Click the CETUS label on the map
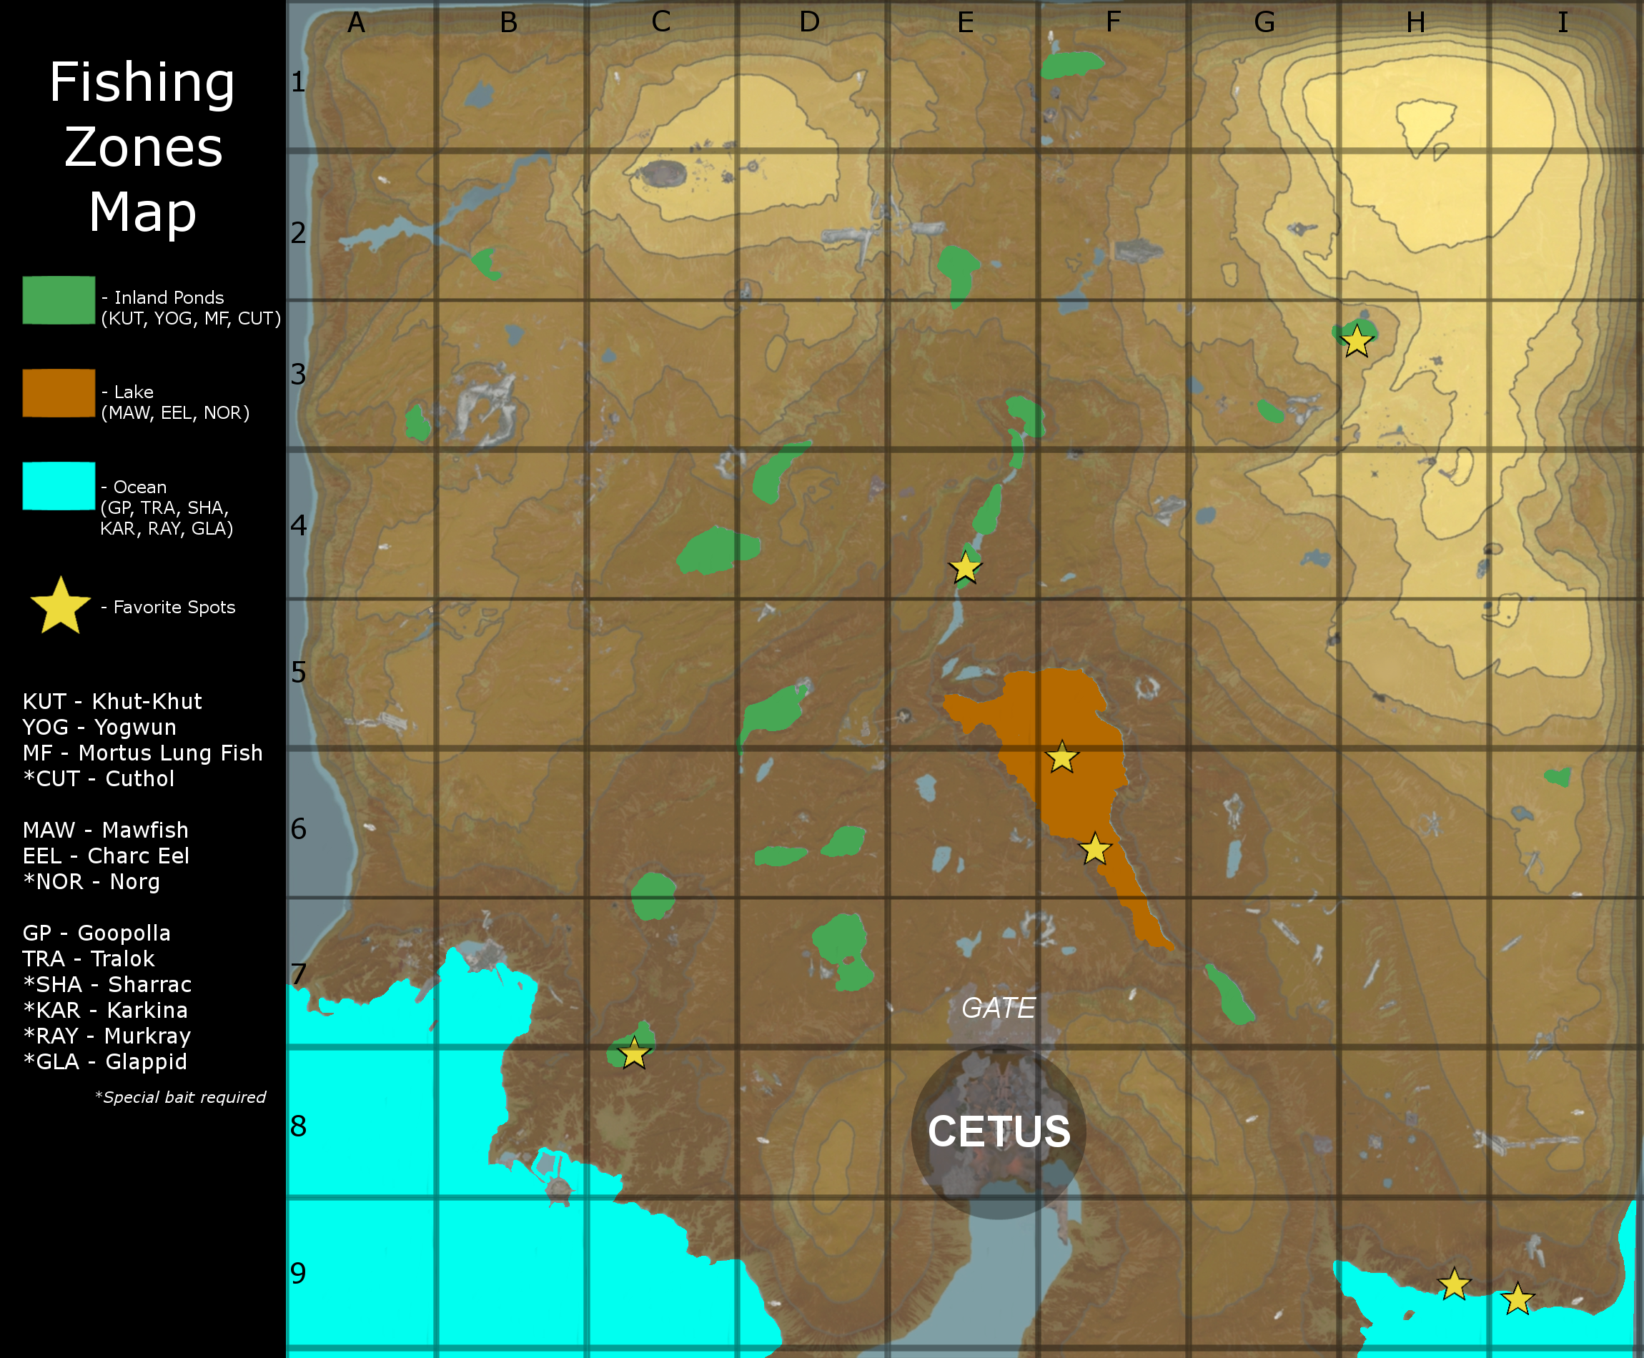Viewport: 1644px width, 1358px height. tap(999, 1131)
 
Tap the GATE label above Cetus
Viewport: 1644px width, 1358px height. tap(998, 1008)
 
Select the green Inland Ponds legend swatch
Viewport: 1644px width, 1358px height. tap(59, 299)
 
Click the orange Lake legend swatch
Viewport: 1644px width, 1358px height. tap(59, 392)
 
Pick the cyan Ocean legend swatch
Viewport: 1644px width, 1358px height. tap(59, 486)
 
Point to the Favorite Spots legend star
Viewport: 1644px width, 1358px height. tap(60, 606)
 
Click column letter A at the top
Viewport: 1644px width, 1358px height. tap(357, 23)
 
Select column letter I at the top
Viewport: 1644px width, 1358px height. tap(1562, 23)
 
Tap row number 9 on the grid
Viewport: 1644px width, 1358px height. tap(298, 1274)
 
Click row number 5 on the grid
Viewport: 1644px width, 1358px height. tap(298, 672)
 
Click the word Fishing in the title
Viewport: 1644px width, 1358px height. tap(142, 82)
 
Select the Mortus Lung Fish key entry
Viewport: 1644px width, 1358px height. tap(142, 753)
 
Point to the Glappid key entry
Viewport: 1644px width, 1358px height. tap(106, 1061)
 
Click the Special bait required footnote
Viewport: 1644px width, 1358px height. tap(181, 1096)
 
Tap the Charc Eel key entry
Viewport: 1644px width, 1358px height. tap(106, 856)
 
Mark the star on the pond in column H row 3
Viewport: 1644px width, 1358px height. tap(1356, 341)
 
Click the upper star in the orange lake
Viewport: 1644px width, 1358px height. tap(1062, 757)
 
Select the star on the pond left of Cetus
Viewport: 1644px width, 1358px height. tap(633, 1053)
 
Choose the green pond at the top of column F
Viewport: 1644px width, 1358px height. tap(1071, 64)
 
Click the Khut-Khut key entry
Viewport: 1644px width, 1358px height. tap(112, 701)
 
